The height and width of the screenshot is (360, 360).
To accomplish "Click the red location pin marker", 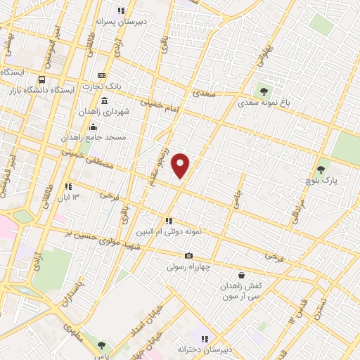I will point(181,165).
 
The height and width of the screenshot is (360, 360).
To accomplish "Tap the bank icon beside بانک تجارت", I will point(103,75).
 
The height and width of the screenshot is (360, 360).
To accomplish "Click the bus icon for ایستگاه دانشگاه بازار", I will point(42,79).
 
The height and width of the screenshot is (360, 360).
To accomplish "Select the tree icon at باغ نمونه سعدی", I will point(264,91).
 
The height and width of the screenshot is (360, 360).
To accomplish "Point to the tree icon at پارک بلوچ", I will point(321,169).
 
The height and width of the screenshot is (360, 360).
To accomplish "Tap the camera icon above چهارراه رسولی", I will point(188,256).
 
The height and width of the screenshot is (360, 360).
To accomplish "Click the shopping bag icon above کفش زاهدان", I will point(243,275).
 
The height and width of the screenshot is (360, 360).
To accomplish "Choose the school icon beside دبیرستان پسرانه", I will point(121,11).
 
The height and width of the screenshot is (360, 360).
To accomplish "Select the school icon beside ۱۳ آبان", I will point(69,186).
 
